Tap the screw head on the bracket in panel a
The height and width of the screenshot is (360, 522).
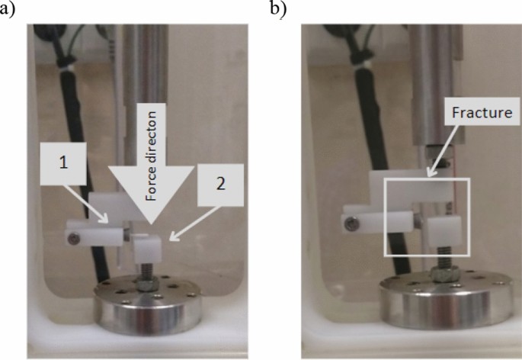71,239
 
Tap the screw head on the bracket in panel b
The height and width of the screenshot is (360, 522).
350,223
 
